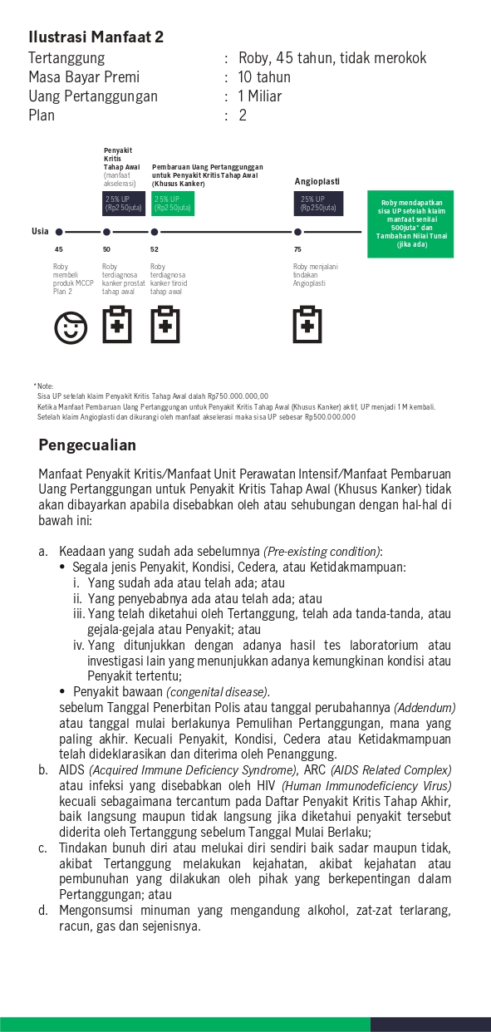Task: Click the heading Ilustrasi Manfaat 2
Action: coord(96,37)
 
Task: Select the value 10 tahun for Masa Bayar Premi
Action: coord(264,77)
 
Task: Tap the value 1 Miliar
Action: coord(260,96)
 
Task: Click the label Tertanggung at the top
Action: coord(66,58)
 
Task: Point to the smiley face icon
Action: coord(71,327)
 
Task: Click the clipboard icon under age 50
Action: coord(117,325)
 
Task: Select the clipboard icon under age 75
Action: coord(307,325)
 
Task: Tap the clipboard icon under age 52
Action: coord(165,325)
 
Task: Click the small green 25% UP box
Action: coord(173,203)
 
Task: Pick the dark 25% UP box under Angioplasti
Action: coord(319,203)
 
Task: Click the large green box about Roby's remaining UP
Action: coord(411,224)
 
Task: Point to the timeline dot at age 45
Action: coord(59,232)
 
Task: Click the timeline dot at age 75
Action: coord(297,232)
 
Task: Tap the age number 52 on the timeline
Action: coord(155,249)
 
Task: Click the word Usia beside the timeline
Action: coord(40,231)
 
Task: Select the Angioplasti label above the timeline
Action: coord(317,181)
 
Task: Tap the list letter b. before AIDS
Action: coord(42,770)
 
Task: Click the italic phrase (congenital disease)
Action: coord(218,691)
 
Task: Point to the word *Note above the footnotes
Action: coord(43,386)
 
